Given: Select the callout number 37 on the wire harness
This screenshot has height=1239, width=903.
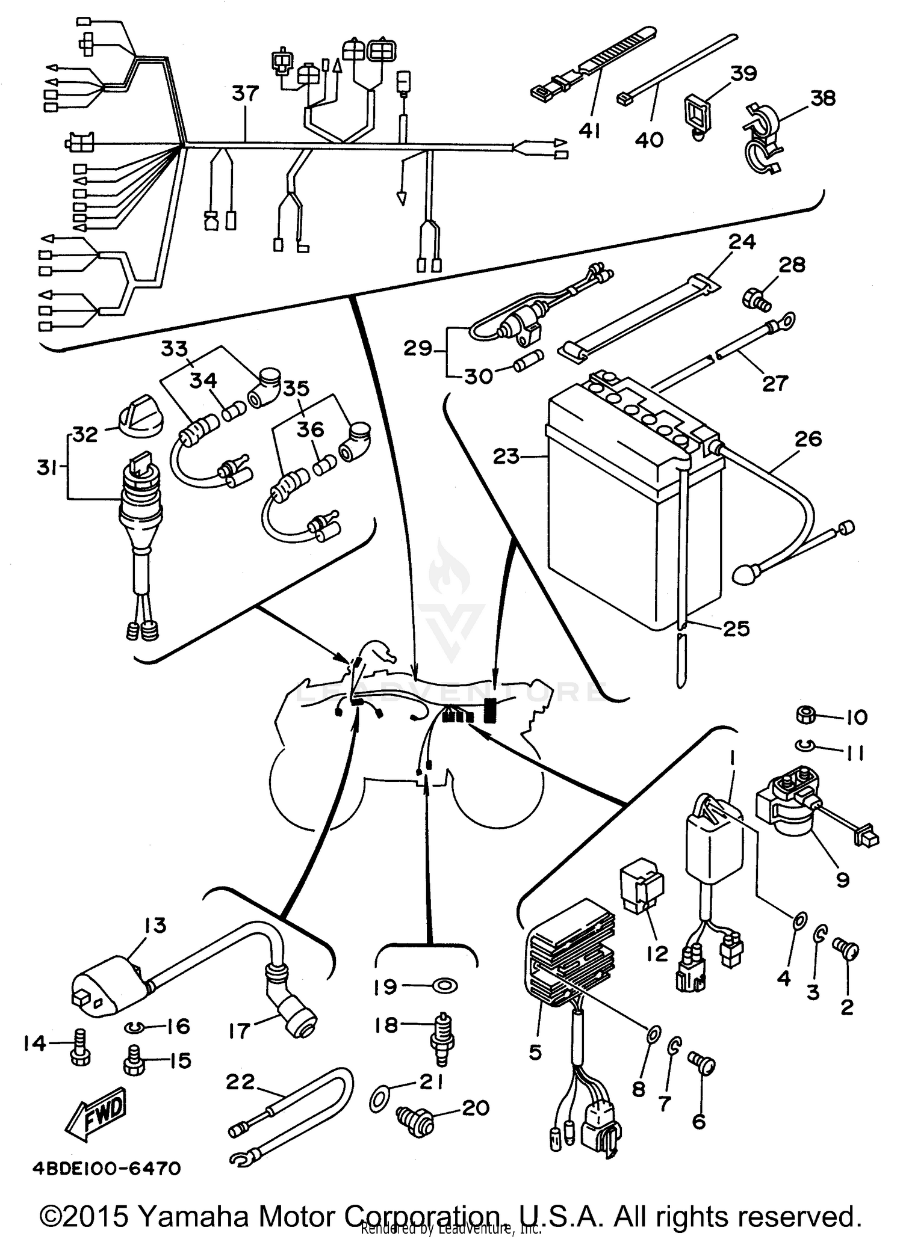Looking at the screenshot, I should pyautogui.click(x=245, y=94).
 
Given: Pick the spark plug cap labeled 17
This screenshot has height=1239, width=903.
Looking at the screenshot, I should pyautogui.click(x=293, y=1016).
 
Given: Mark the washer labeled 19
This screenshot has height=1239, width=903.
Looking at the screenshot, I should pyautogui.click(x=445, y=986).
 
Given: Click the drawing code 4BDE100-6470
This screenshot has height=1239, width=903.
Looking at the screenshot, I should pyautogui.click(x=107, y=1168).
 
